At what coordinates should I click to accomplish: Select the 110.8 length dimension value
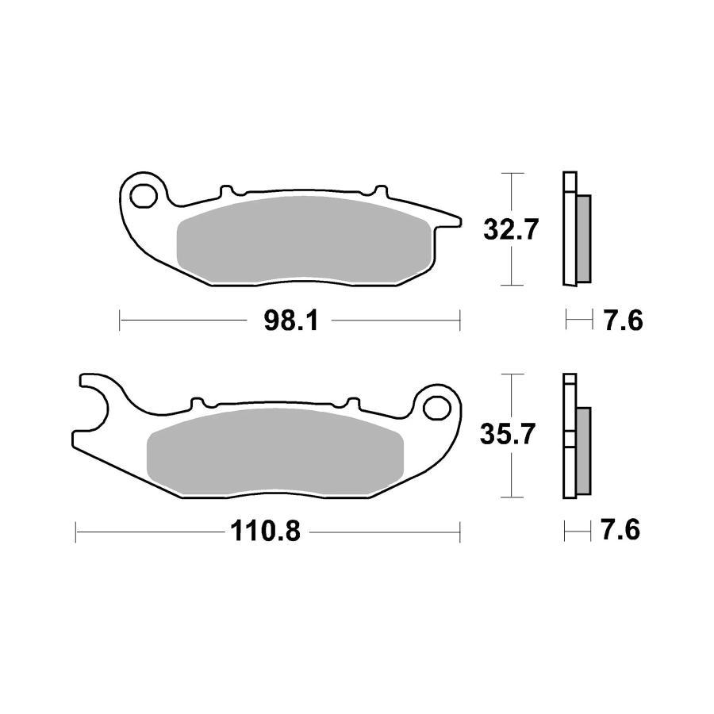(x=266, y=532)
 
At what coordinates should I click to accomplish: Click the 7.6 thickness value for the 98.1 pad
(x=621, y=321)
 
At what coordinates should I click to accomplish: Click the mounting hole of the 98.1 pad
(x=144, y=194)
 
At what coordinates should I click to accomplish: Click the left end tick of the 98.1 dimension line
(x=119, y=321)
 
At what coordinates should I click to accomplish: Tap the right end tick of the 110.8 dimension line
(x=460, y=532)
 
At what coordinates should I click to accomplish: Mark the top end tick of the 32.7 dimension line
(x=513, y=173)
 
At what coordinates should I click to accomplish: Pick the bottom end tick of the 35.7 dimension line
(x=513, y=498)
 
